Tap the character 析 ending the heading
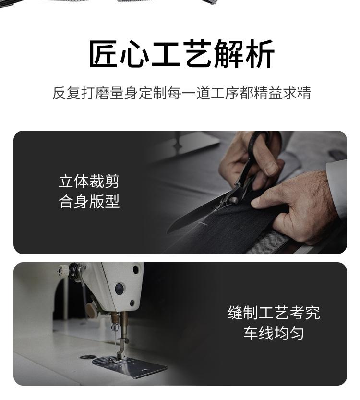260,54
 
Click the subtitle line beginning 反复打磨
181,93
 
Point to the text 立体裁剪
89,182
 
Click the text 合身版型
89,202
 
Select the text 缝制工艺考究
274,313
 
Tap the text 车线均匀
274,333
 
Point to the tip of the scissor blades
167,232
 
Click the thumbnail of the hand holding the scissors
271,169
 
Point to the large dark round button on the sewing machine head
120,289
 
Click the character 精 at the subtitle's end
304,93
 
